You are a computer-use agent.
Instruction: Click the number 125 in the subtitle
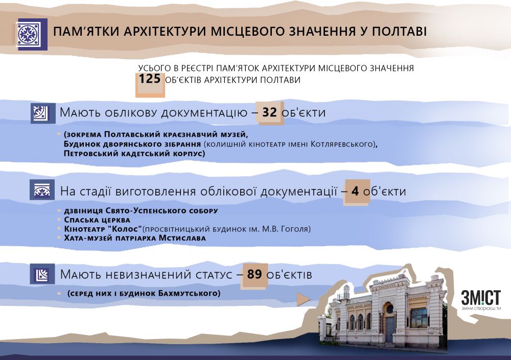[x=150, y=79]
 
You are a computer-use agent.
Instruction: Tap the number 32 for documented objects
[x=269, y=113]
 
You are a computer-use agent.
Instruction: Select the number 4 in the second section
[x=356, y=192]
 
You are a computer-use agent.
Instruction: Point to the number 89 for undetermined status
[x=254, y=274]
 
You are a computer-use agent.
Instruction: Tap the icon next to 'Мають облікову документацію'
[x=42, y=113]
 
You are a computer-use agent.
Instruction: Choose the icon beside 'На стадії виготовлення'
[x=42, y=191]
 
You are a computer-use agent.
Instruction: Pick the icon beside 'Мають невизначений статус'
[x=42, y=275]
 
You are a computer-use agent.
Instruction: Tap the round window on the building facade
[x=389, y=309]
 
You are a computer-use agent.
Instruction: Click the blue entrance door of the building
[x=390, y=329]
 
